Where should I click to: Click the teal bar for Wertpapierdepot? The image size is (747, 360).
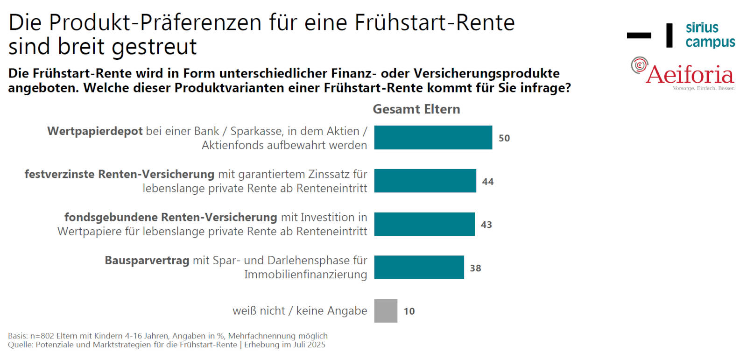point(433,137)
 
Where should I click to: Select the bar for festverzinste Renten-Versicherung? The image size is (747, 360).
point(425,181)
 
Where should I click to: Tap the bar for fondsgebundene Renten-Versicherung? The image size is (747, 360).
point(424,224)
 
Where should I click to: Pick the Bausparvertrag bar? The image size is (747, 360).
point(419,268)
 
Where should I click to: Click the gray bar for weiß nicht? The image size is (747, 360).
point(386,311)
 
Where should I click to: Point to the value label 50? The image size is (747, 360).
point(504,138)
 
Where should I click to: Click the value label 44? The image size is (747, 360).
point(488,182)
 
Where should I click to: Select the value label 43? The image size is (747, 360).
point(486,225)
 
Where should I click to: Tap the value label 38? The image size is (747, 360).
point(475,268)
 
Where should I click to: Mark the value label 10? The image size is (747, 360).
point(409,311)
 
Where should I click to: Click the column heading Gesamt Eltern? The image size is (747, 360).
point(416,109)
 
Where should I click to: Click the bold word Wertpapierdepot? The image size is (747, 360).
point(95,131)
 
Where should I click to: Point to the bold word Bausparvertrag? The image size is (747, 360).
point(147,261)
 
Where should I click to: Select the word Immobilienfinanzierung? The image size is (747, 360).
point(305,275)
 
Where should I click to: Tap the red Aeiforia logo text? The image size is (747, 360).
point(690,75)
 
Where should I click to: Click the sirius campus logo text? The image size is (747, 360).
point(710,35)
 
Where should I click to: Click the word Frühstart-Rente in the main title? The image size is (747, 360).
point(434,22)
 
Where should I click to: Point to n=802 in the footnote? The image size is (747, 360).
point(42,336)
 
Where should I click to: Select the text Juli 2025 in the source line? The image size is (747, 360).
point(309,345)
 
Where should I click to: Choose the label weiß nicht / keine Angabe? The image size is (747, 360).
point(300,311)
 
